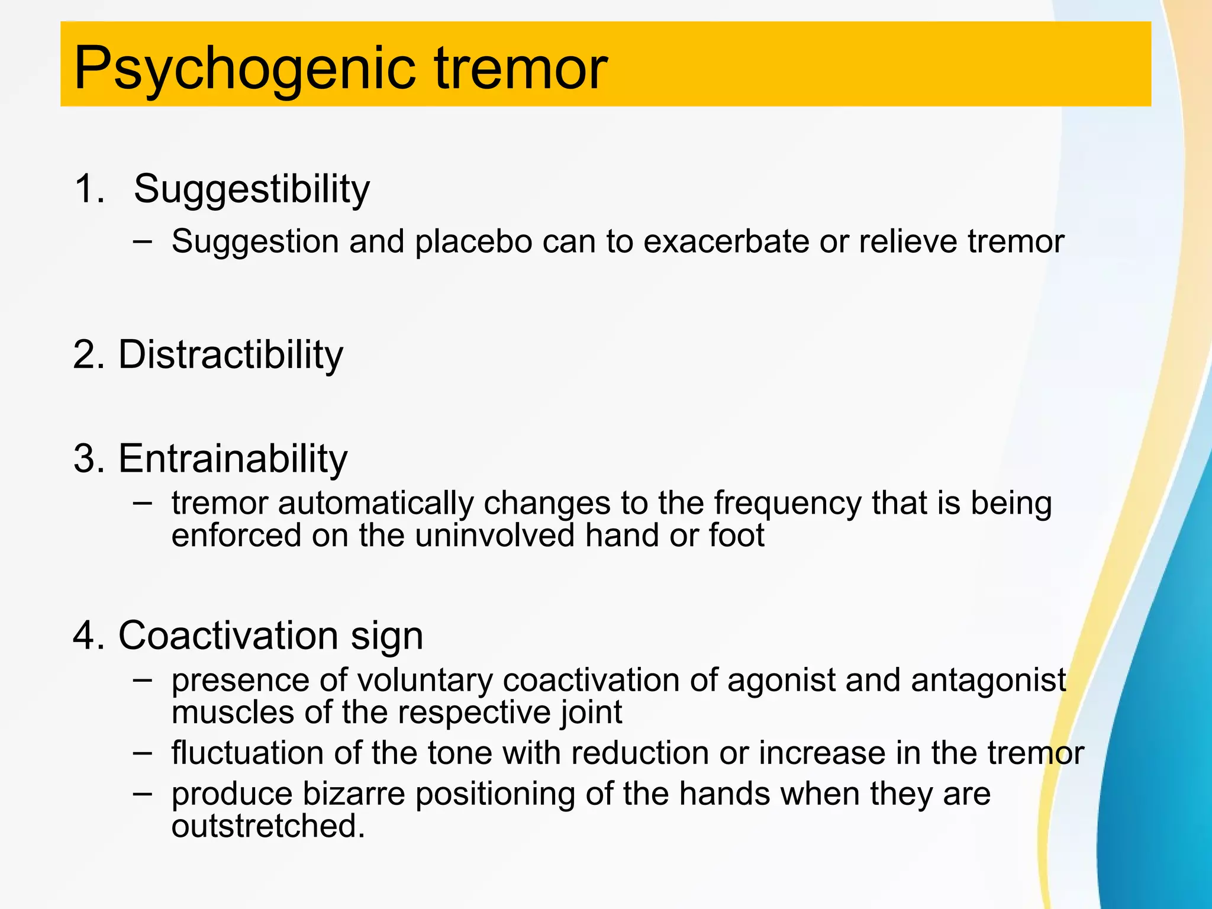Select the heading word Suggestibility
point(252,189)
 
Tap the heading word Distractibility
point(231,355)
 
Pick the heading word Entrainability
point(233,459)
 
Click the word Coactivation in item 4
point(228,636)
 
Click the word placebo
point(473,242)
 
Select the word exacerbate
point(726,242)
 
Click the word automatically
point(376,504)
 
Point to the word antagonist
point(988,681)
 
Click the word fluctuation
point(247,753)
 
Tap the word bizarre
point(353,794)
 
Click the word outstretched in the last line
point(267,826)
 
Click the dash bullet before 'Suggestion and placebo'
point(142,241)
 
